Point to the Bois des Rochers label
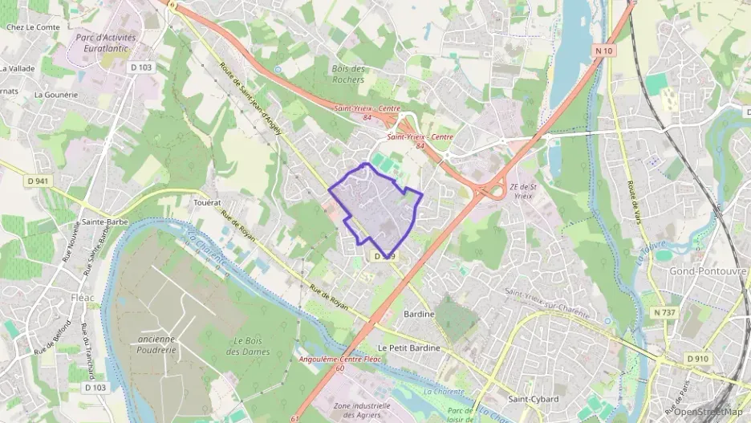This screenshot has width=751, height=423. pyautogui.click(x=348, y=74)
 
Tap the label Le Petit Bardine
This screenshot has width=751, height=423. pyautogui.click(x=408, y=348)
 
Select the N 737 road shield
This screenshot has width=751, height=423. pyautogui.click(x=665, y=312)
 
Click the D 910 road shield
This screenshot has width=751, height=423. pyautogui.click(x=699, y=357)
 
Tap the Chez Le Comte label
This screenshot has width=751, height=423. pyautogui.click(x=33, y=27)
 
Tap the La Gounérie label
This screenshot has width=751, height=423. pyautogui.click(x=56, y=94)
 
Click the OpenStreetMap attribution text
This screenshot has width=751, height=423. pyautogui.click(x=708, y=412)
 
